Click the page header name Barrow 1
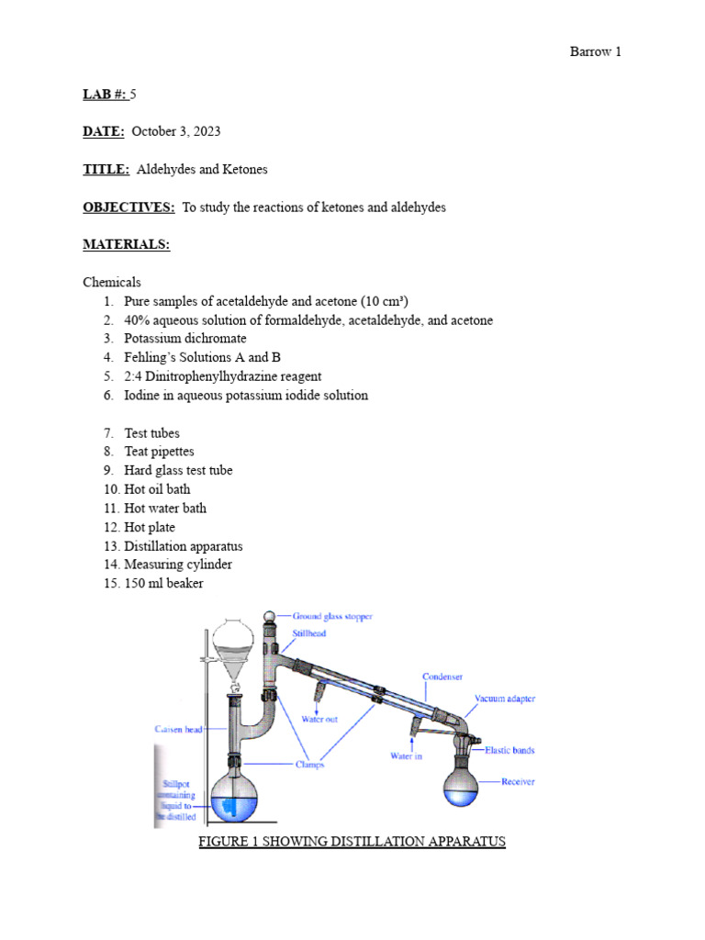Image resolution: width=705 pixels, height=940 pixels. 595,51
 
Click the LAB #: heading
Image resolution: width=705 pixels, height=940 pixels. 105,94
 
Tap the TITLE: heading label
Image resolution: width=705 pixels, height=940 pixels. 106,170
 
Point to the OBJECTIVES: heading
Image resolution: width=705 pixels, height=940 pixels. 129,207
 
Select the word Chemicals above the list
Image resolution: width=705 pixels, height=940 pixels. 112,282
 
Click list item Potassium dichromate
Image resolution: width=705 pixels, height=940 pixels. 185,339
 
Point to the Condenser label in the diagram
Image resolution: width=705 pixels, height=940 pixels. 442,677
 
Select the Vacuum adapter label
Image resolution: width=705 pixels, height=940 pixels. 504,699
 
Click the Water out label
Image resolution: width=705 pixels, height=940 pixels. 319,719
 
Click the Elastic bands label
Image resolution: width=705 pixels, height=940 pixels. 509,750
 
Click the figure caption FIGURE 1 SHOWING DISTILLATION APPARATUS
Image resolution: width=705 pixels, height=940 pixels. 352,841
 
